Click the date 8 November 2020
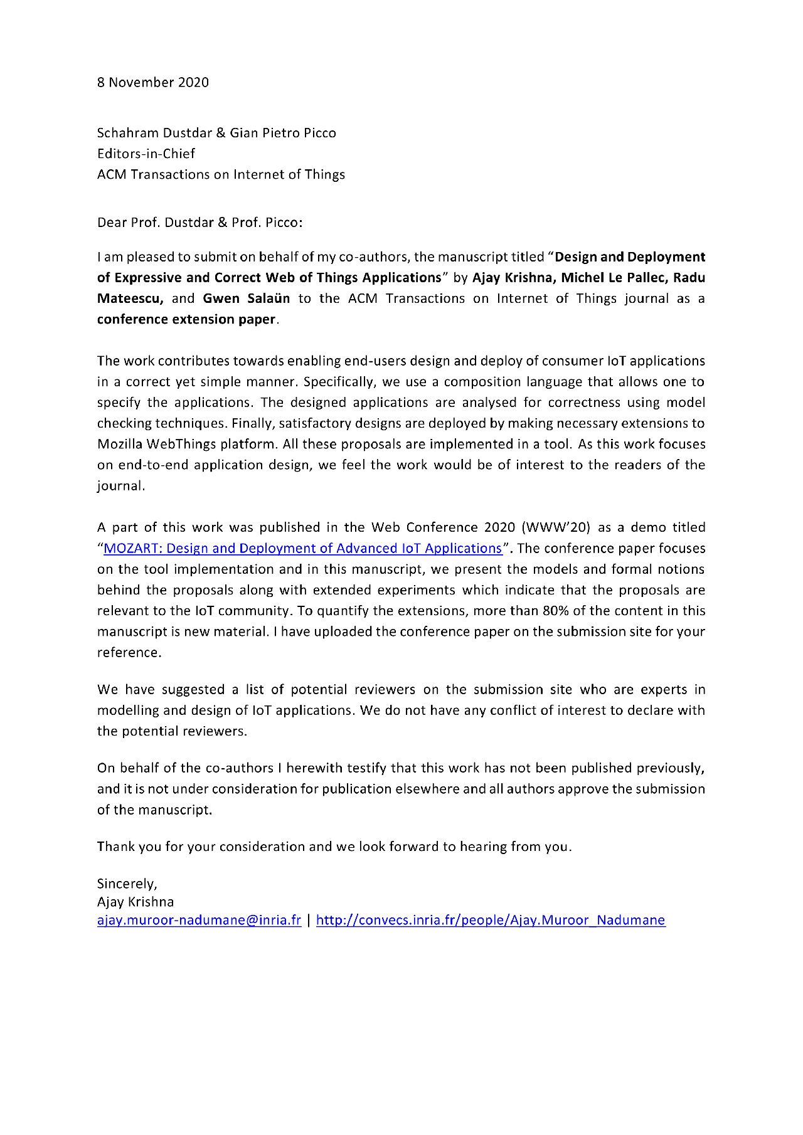pyautogui.click(x=152, y=82)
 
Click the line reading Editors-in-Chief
pyautogui.click(x=146, y=154)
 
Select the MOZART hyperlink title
pyautogui.click(x=302, y=549)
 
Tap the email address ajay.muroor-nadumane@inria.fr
pyautogui.click(x=199, y=920)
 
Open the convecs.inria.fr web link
pyautogui.click(x=490, y=920)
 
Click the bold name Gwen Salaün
pyautogui.click(x=246, y=298)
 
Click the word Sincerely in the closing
pyautogui.click(x=126, y=884)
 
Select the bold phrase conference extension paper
pyautogui.click(x=186, y=319)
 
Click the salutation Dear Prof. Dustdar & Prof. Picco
pyautogui.click(x=199, y=223)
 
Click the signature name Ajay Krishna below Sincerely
pyautogui.click(x=136, y=902)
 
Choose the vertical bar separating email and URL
pyautogui.click(x=309, y=920)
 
